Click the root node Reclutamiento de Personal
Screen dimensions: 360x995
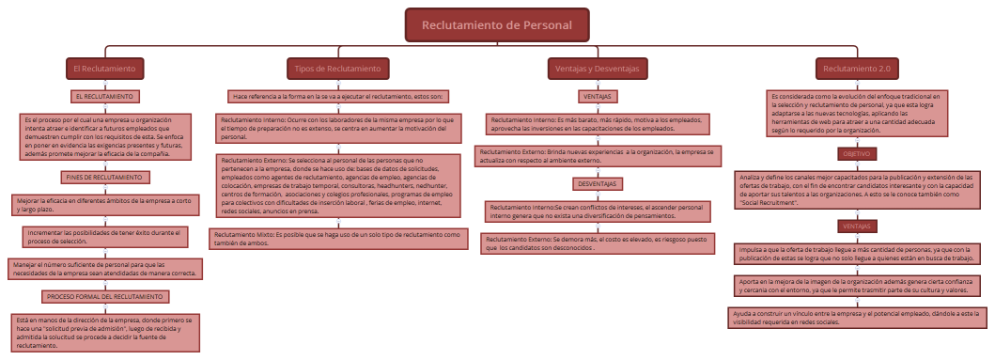pos(497,24)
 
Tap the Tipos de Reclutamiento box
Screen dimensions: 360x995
pos(337,69)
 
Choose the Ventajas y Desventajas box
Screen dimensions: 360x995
pos(599,69)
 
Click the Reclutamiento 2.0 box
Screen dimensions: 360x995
pos(856,69)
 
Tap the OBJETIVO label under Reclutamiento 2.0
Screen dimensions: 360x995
pos(856,153)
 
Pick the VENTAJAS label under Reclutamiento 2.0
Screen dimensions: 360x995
pos(856,227)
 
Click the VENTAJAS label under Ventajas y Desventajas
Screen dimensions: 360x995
pos(599,97)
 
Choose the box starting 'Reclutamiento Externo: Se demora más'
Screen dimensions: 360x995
pos(599,243)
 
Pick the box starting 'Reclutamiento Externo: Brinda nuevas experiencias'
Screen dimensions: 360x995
pos(599,155)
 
